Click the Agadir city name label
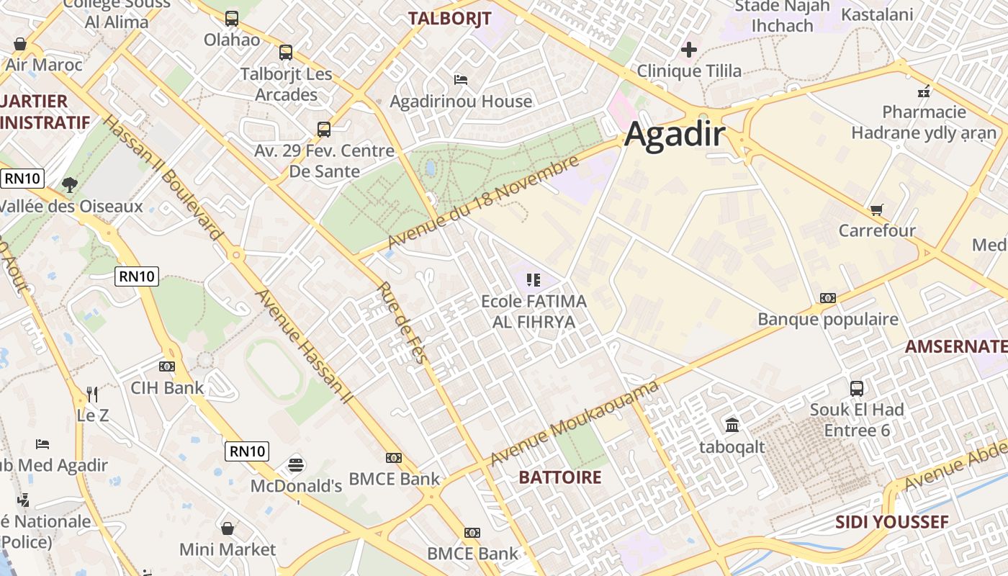point(674,134)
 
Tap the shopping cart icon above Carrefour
point(876,210)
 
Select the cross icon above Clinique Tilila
point(689,50)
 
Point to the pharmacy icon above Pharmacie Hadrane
point(924,91)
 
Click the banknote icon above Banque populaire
point(828,298)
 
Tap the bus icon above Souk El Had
point(857,389)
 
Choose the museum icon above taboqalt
point(732,426)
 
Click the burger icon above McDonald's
point(295,464)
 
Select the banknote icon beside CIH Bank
point(167,366)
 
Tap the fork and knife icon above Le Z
point(92,394)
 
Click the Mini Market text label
point(228,549)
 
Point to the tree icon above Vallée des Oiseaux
point(69,185)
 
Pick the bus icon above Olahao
point(231,19)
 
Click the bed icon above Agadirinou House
point(461,79)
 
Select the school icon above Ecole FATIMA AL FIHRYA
point(533,280)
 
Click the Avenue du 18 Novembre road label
point(483,202)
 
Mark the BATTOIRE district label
point(559,477)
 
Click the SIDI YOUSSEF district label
point(891,522)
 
